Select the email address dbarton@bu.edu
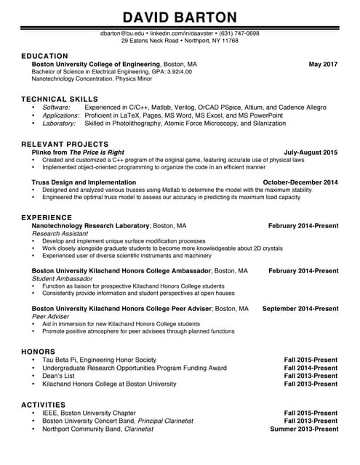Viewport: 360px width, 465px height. [122, 33]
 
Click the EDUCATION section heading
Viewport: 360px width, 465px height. [44, 56]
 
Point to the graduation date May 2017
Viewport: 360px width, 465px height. [323, 65]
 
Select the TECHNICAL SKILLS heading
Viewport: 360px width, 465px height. [60, 98]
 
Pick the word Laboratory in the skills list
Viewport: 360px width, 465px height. [59, 124]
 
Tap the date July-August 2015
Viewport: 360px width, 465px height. [311, 153]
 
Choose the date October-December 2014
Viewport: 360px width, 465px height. [300, 182]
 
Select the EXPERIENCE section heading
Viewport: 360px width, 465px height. [47, 217]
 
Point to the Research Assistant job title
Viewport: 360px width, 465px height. [60, 234]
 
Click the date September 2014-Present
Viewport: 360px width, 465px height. [300, 309]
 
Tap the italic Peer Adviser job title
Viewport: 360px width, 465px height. [51, 317]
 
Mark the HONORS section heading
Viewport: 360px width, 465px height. [39, 352]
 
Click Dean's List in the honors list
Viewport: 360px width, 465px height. [58, 376]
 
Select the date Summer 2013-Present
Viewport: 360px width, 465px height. [303, 429]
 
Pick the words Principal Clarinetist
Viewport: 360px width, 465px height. [166, 421]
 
